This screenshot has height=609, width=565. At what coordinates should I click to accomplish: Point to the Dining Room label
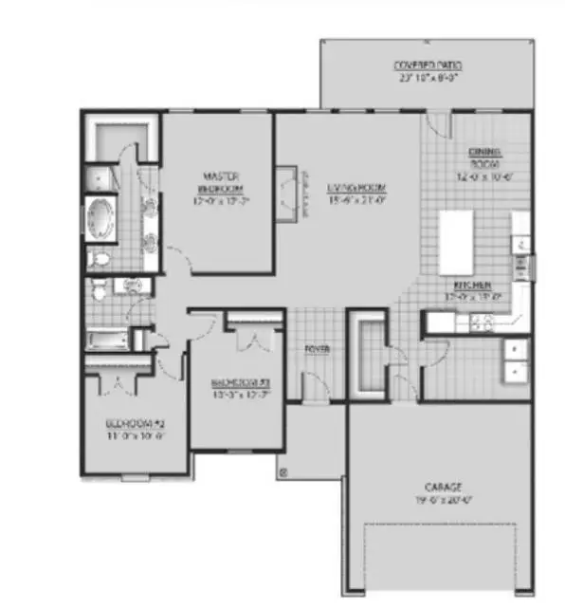(x=484, y=158)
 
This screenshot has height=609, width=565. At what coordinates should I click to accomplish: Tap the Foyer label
(x=316, y=350)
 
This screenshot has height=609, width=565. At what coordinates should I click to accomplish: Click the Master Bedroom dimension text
(x=221, y=200)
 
